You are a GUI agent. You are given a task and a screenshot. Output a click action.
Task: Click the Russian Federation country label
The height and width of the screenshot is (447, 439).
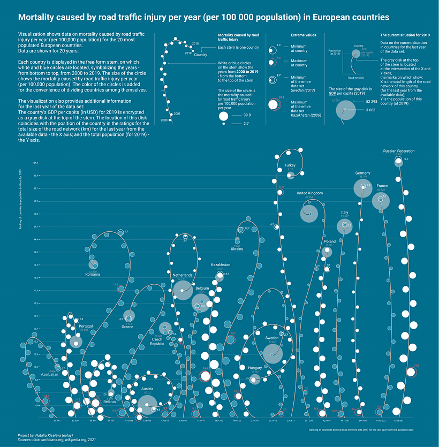(399, 151)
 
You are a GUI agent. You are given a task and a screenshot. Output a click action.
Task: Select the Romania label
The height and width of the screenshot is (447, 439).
(93, 275)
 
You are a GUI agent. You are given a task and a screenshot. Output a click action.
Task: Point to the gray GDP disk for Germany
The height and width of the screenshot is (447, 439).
(362, 188)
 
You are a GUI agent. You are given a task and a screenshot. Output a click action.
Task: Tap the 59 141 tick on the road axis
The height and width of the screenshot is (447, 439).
(57, 421)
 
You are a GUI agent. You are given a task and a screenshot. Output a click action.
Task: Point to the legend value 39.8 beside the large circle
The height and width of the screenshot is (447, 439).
(247, 115)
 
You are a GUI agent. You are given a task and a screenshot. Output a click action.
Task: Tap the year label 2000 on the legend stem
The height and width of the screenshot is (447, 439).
(164, 120)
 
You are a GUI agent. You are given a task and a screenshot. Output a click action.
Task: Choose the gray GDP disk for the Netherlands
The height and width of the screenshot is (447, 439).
(183, 290)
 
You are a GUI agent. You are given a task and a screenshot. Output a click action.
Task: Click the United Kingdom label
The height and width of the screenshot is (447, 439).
(309, 193)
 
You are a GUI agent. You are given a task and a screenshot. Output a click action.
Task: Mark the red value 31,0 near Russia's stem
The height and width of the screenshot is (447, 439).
(417, 366)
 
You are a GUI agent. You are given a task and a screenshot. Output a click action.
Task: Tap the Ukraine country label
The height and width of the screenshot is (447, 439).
(237, 249)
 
